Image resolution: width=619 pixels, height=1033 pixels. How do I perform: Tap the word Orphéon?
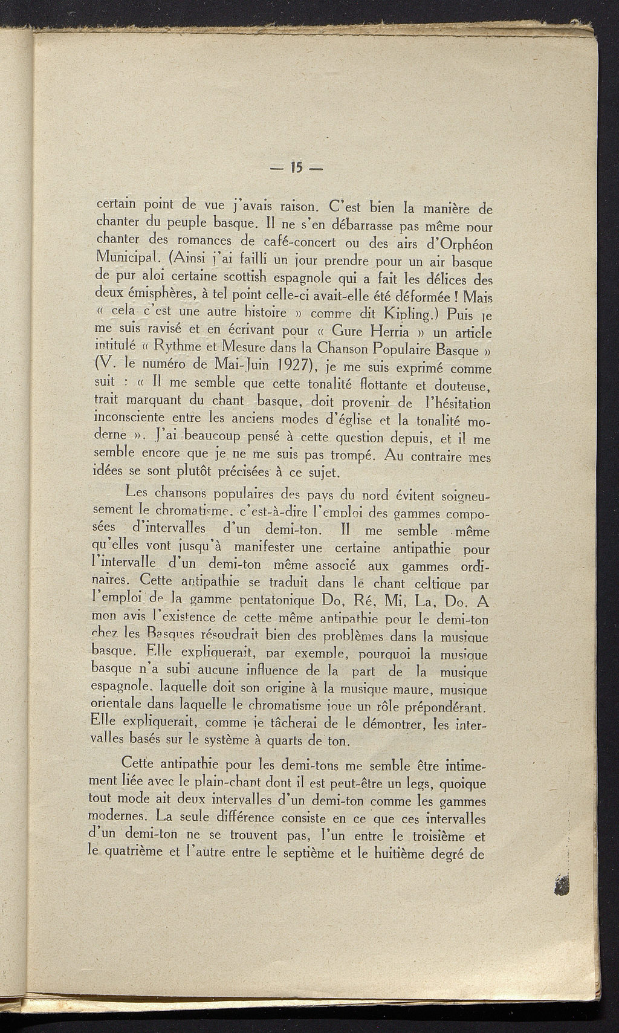pyautogui.click(x=459, y=245)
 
